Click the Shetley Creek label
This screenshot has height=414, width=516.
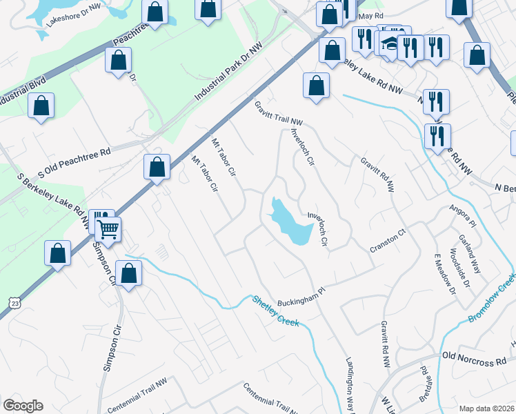[275, 311]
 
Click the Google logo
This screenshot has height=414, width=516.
[23, 406]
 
